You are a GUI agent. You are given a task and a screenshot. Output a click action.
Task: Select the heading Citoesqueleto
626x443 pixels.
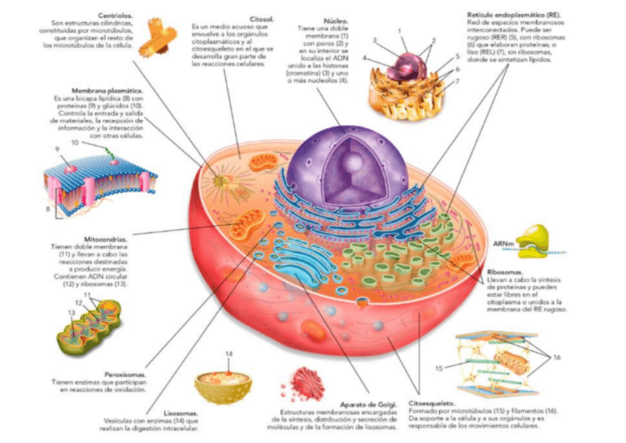click(432, 404)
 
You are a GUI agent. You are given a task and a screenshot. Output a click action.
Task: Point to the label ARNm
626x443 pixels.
click(503, 243)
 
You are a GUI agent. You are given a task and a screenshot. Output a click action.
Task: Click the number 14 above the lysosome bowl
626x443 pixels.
click(229, 354)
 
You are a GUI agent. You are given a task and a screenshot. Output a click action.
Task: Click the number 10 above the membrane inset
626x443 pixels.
click(75, 142)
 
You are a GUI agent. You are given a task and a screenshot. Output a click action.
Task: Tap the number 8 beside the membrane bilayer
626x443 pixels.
click(48, 209)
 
